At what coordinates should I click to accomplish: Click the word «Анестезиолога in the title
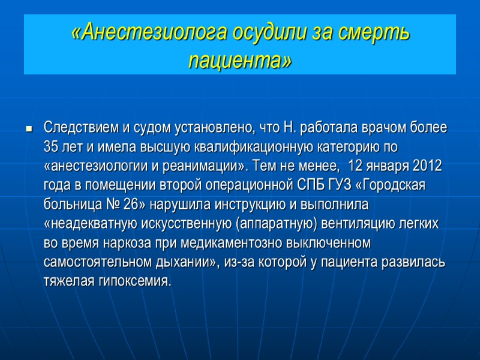tap(151, 33)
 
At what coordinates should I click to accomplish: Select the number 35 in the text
tap(51, 147)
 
